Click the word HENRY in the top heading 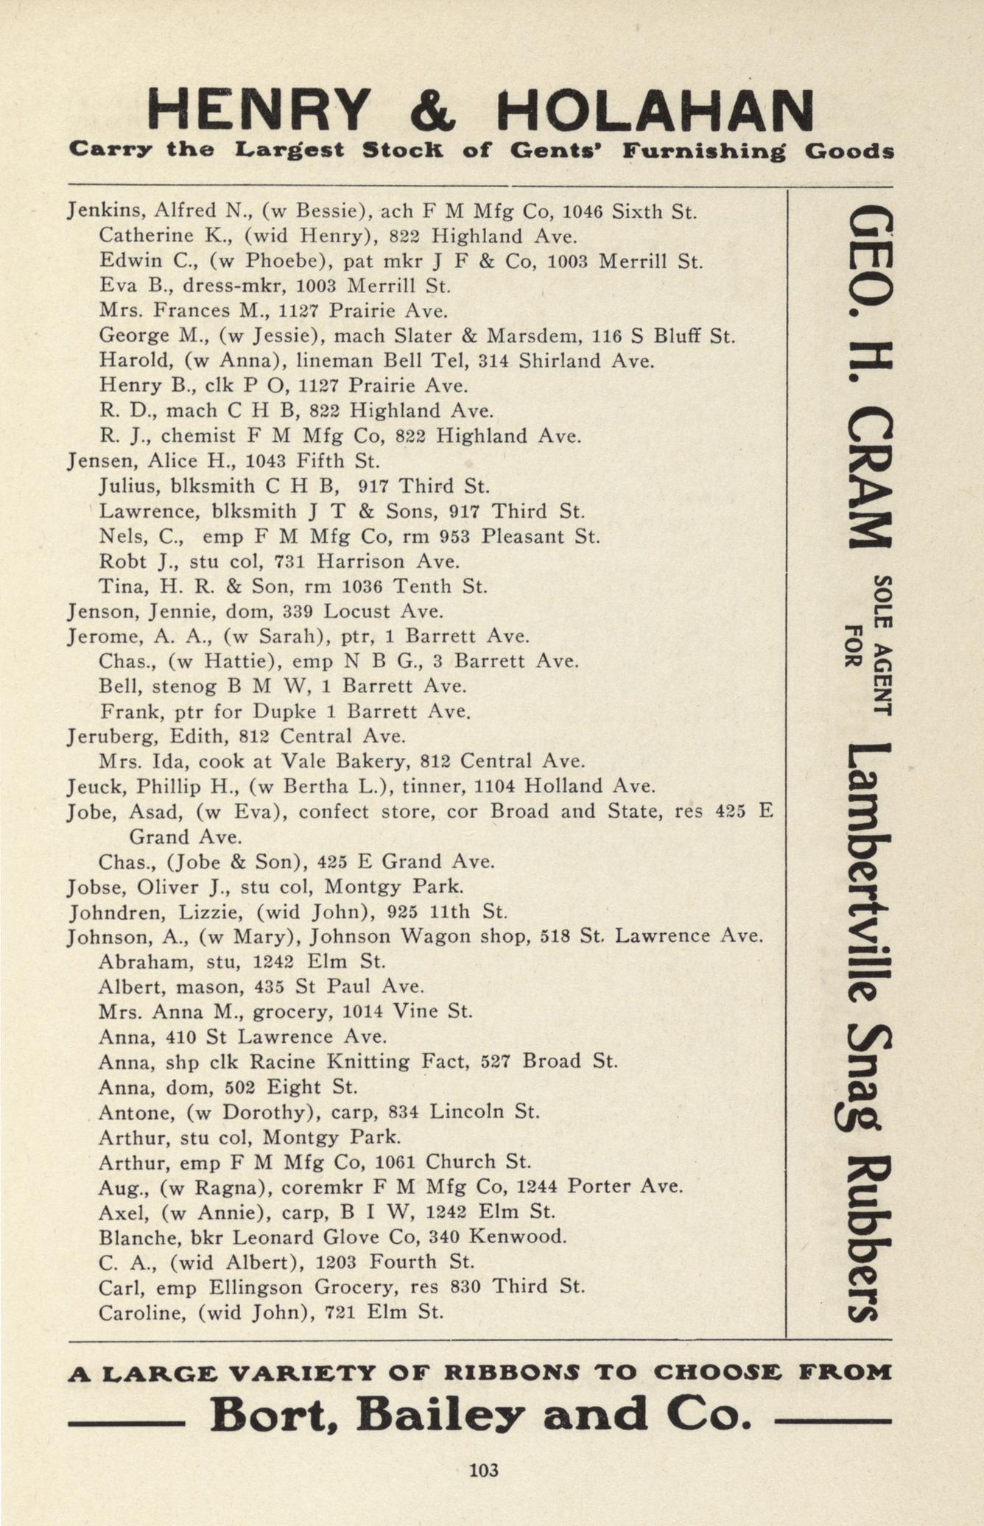pos(257,110)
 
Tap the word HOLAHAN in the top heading pos(655,110)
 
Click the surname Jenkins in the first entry pos(103,211)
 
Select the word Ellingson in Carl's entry pos(255,1287)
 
